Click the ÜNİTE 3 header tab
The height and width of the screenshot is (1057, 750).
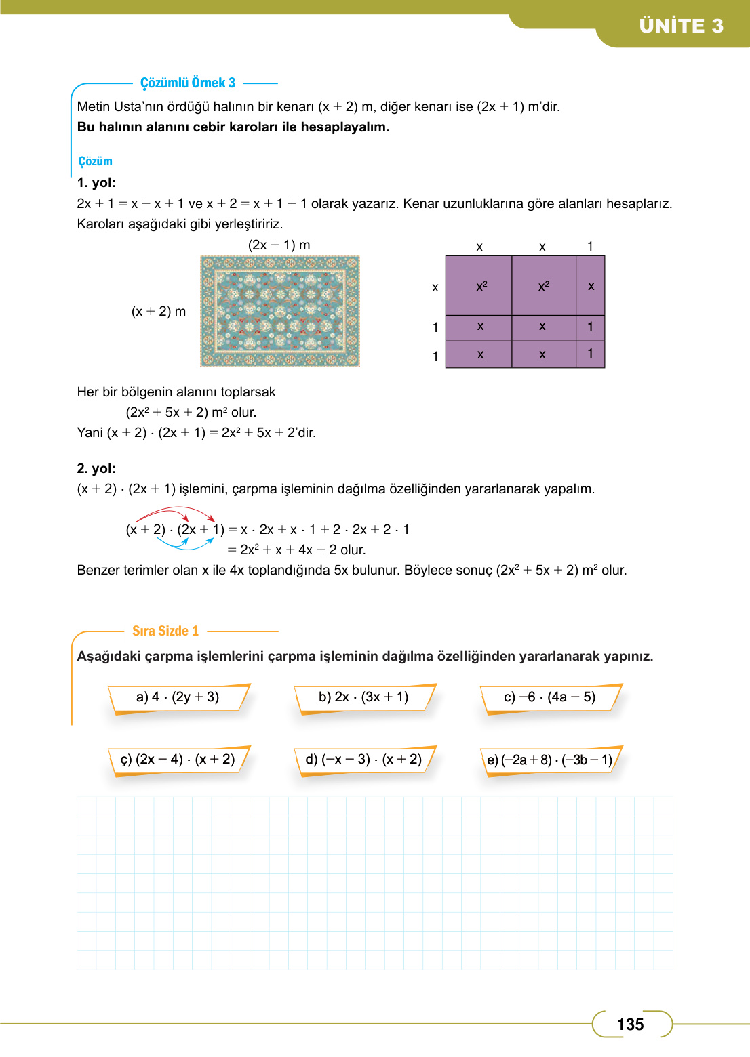(681, 26)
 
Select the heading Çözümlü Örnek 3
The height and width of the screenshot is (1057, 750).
(188, 83)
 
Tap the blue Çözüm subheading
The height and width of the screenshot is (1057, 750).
(95, 161)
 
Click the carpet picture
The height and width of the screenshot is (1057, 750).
(280, 311)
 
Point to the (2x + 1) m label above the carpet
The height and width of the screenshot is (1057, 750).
(279, 245)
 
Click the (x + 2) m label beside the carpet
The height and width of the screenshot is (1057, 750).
(159, 311)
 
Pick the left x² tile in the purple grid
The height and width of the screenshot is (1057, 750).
(479, 286)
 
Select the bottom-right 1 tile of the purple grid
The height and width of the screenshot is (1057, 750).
(590, 354)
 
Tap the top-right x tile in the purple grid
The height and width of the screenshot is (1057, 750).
(591, 286)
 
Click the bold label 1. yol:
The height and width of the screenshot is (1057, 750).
(96, 182)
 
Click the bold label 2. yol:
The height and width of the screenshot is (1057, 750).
(96, 468)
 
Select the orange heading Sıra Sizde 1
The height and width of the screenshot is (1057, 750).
(165, 631)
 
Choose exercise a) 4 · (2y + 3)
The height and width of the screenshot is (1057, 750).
(178, 697)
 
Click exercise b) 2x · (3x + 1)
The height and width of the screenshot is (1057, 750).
(363, 697)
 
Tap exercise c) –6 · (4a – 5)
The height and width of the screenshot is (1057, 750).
(549, 697)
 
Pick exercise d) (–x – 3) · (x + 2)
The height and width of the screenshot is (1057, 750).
(363, 760)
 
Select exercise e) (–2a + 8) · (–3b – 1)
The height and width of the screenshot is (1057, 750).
(549, 760)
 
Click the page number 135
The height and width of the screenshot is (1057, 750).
(630, 1024)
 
